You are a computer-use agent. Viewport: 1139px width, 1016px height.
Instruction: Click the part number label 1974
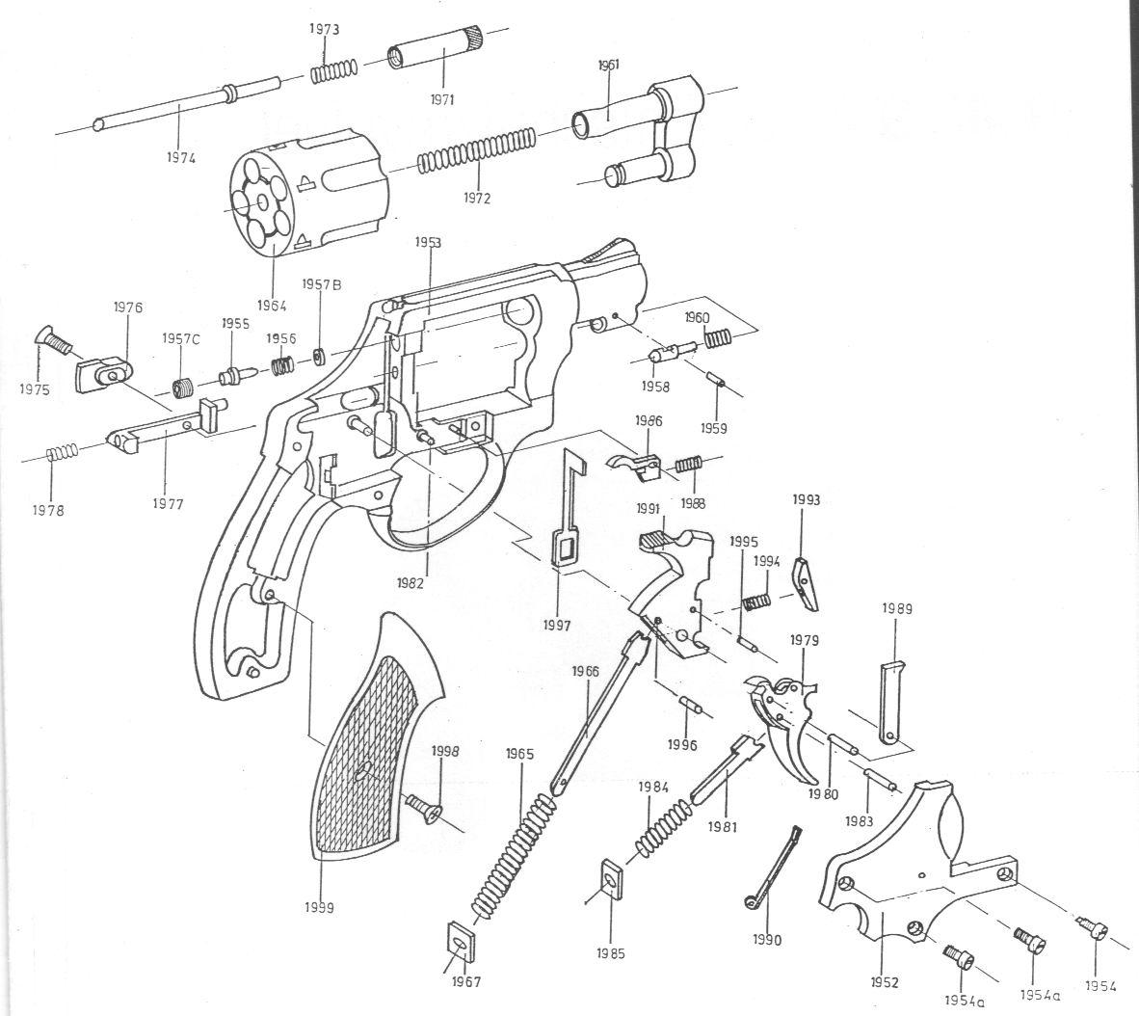click(x=179, y=157)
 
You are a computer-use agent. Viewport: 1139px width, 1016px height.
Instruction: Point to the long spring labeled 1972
click(x=476, y=149)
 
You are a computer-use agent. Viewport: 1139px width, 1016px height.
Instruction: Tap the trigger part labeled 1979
click(x=791, y=723)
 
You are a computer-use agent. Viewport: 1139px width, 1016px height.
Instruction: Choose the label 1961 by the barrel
click(x=608, y=66)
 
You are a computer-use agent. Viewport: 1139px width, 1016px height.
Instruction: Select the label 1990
click(x=767, y=940)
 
